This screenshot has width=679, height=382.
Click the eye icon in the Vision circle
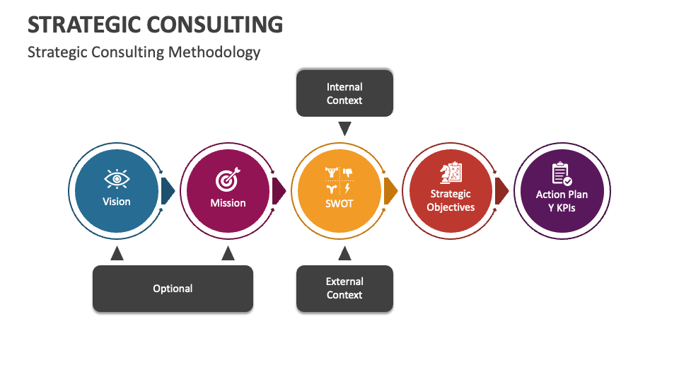tap(117, 179)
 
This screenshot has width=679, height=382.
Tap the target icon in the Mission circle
tap(228, 180)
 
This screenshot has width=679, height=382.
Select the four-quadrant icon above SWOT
tap(338, 180)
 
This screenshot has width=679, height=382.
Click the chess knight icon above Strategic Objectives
tap(451, 173)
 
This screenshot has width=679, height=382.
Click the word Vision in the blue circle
tap(117, 202)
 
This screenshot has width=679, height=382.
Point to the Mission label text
tap(228, 203)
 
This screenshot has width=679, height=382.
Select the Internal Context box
tap(344, 93)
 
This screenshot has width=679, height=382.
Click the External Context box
tap(344, 288)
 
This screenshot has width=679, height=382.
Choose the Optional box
tap(173, 288)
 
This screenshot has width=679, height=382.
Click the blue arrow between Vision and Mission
tap(168, 191)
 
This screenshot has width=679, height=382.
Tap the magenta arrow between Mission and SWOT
tap(279, 191)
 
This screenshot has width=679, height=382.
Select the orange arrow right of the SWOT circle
tap(390, 191)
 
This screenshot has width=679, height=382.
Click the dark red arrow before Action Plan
tap(501, 191)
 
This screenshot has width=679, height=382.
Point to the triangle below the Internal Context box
tap(344, 129)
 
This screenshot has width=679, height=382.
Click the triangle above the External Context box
tap(344, 253)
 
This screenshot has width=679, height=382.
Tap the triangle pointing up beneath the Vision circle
tap(117, 253)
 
